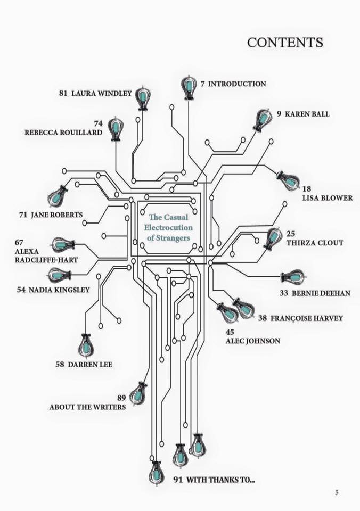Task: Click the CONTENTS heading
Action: click(285, 43)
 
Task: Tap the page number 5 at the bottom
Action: click(337, 492)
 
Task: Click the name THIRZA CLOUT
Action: click(315, 243)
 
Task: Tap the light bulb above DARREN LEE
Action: click(86, 346)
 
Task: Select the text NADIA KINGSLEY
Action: click(59, 290)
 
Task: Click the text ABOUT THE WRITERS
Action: click(87, 407)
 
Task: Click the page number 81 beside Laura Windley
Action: click(63, 93)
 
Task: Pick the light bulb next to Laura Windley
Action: click(143, 97)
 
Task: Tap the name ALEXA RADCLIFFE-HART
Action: click(46, 256)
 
